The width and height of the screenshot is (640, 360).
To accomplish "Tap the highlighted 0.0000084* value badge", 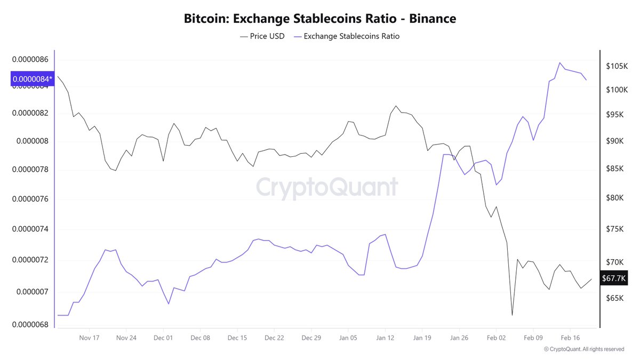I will click(33, 79).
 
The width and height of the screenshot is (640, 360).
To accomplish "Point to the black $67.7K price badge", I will click(613, 278).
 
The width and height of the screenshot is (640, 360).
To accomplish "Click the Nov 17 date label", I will click(89, 338).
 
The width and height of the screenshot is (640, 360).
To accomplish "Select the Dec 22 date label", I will click(274, 338).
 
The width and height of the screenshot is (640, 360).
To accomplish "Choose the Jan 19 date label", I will click(421, 338).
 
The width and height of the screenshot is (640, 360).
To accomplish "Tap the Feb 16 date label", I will click(570, 338).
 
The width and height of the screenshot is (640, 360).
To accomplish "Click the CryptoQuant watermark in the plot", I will click(327, 188).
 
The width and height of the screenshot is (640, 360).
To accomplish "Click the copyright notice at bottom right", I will click(583, 349).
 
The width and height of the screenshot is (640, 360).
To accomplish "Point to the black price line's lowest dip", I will click(512, 315).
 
